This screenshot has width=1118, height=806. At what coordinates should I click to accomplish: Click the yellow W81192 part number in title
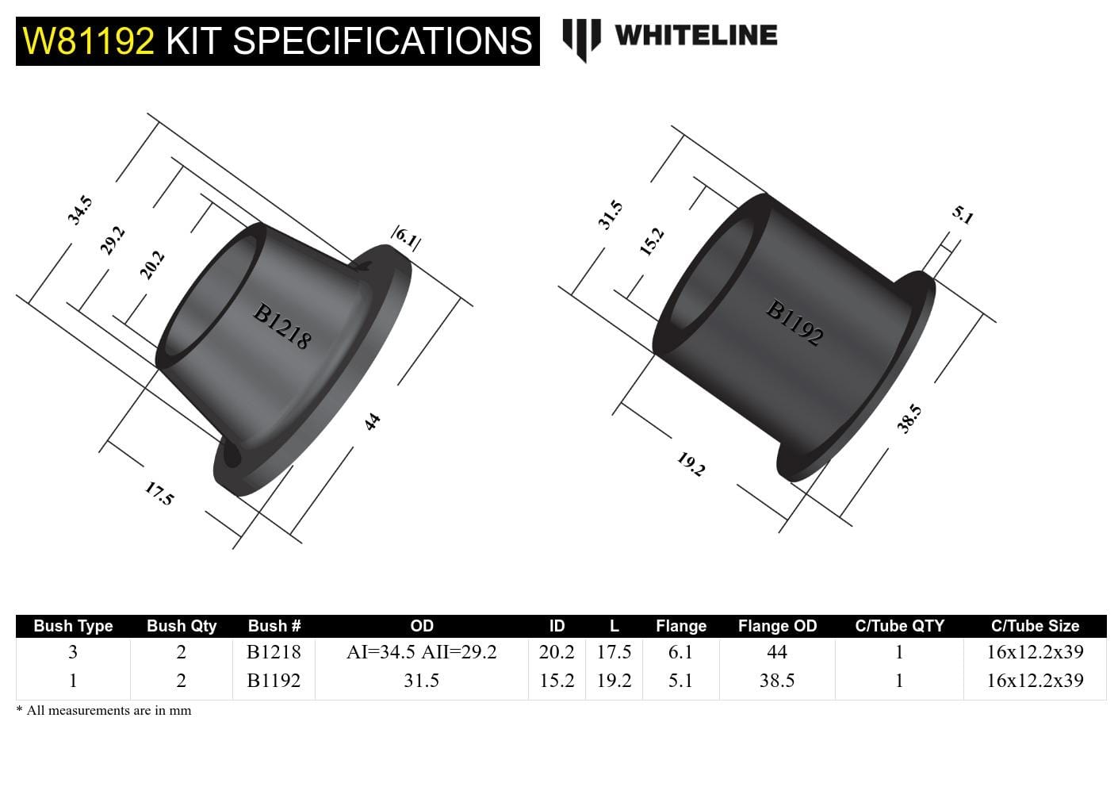pos(89,40)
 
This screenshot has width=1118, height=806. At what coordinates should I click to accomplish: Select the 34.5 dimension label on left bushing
pos(80,210)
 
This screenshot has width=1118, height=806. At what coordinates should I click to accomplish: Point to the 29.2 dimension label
pos(113,240)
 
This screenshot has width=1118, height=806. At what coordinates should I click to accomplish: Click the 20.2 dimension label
pos(151,264)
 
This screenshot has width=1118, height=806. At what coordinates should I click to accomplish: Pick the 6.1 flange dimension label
pos(406,236)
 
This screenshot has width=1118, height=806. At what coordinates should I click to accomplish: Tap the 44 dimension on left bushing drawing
pos(373,421)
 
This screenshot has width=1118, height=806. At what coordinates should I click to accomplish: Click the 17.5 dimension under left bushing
pos(159,494)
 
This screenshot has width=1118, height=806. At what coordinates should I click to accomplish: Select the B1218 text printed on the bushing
pos(281,326)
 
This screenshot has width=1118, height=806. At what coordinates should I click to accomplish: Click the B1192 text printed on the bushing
pos(794,322)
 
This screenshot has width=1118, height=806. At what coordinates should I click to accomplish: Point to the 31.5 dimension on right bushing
pos(611,215)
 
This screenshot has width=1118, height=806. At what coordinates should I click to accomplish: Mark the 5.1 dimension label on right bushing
pos(962,215)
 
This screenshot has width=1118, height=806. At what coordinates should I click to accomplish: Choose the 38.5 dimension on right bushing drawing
pos(909,418)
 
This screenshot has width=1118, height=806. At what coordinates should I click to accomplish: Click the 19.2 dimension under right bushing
pos(691,464)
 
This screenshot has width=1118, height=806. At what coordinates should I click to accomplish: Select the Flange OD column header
pos(777,626)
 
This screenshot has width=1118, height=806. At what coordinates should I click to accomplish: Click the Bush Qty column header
pos(181,626)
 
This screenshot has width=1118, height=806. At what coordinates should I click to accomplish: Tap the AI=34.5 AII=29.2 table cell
pos(421,652)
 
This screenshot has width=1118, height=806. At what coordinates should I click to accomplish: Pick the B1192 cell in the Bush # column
pos(274,681)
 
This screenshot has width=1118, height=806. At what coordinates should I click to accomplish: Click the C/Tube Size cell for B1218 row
pos(1035,652)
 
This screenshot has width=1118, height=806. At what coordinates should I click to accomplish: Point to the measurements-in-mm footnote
pos(104,711)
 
